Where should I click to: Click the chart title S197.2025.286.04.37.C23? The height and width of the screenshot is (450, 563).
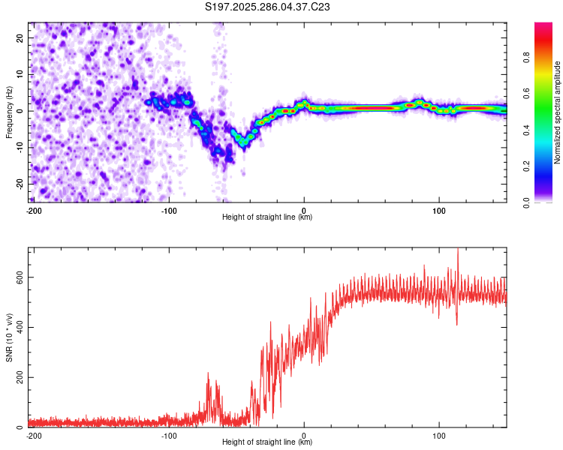pos(267,7)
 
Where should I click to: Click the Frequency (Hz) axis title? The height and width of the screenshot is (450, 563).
pos(9,112)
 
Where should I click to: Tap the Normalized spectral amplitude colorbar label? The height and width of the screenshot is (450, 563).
pos(558,112)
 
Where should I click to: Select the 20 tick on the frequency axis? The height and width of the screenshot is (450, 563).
pos(20,37)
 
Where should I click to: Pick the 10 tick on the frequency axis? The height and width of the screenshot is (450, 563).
pos(20,74)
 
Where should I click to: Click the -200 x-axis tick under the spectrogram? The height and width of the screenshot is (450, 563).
pos(34,209)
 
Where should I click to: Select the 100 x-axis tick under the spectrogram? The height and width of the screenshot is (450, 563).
pos(439,209)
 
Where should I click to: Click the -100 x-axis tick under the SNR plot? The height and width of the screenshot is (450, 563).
pos(169,435)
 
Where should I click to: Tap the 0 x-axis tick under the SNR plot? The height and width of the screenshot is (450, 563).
pos(304,435)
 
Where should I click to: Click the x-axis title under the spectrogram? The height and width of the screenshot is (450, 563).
pos(267,217)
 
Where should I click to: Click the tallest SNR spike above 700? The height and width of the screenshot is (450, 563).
pos(458,250)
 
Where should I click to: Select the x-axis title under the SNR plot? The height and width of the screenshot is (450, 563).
pos(267,442)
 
